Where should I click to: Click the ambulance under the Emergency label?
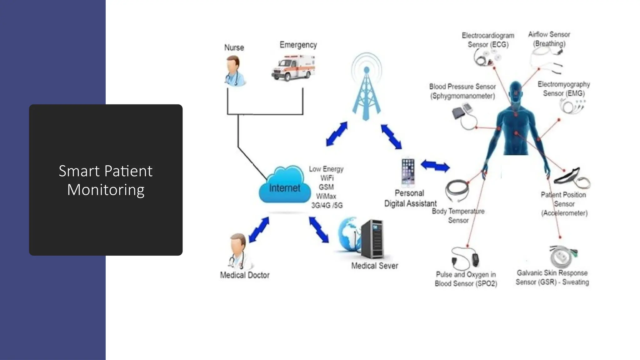[293, 68]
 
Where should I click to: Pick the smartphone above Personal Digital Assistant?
[408, 172]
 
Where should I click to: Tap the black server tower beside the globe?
[373, 239]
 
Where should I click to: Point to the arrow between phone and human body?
[435, 166]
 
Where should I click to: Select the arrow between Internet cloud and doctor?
[259, 230]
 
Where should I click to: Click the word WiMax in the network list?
[326, 196]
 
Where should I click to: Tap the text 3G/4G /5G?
[327, 205]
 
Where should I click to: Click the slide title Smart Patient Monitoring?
[106, 180]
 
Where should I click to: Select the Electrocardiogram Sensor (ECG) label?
[488, 40]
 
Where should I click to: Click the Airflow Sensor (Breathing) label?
[549, 39]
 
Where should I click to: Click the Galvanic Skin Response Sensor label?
[552, 277]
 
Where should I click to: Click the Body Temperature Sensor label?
[458, 216]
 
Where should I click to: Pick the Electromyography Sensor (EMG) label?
[564, 89]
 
